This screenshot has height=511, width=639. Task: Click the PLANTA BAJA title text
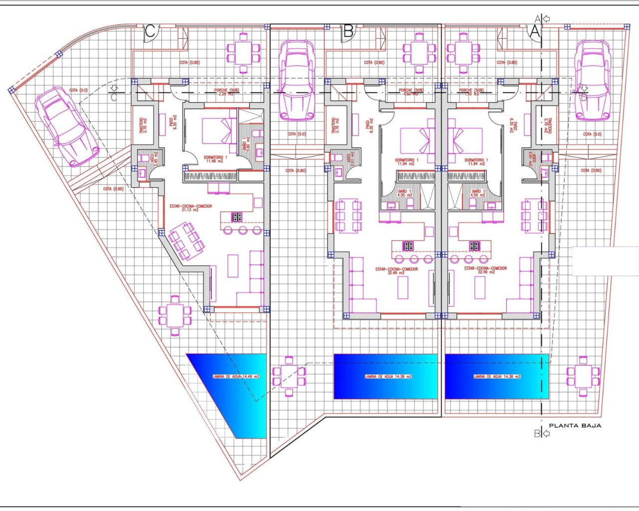point(575,426)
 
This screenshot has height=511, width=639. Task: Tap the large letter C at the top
point(150,31)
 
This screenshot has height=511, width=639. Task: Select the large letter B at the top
point(348,31)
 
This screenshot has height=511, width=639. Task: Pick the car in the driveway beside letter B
point(297,80)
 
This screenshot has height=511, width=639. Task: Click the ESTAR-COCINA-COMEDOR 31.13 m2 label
point(191,208)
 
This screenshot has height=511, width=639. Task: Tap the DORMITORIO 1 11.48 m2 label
point(215,159)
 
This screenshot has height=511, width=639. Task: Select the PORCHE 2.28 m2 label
point(227,92)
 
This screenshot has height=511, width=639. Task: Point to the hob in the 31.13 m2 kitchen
point(237,217)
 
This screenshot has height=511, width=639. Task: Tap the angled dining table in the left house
point(186,241)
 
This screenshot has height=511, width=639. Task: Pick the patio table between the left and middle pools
point(289,376)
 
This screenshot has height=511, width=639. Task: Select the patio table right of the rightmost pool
point(583,376)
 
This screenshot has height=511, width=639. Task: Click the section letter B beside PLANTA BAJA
point(537,434)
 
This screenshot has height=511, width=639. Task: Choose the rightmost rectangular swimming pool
point(497,376)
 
